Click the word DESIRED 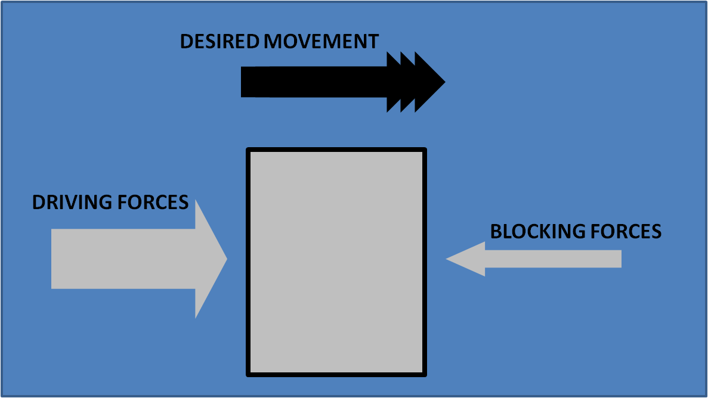[219, 42]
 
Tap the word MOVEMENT [321, 42]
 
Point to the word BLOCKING [535, 231]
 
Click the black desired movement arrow [334, 82]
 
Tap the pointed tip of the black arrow [443, 82]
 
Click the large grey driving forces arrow [131, 259]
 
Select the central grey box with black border [336, 262]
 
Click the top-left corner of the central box [249, 150]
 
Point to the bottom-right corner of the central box [425, 374]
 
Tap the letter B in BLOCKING [496, 231]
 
